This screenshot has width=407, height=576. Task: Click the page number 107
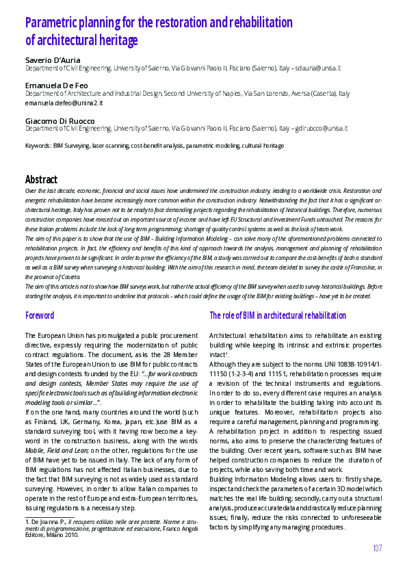point(377,548)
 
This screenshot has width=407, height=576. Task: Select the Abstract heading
point(41,180)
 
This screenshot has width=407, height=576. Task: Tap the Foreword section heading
point(40,316)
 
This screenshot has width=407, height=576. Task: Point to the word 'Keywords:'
point(38,146)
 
